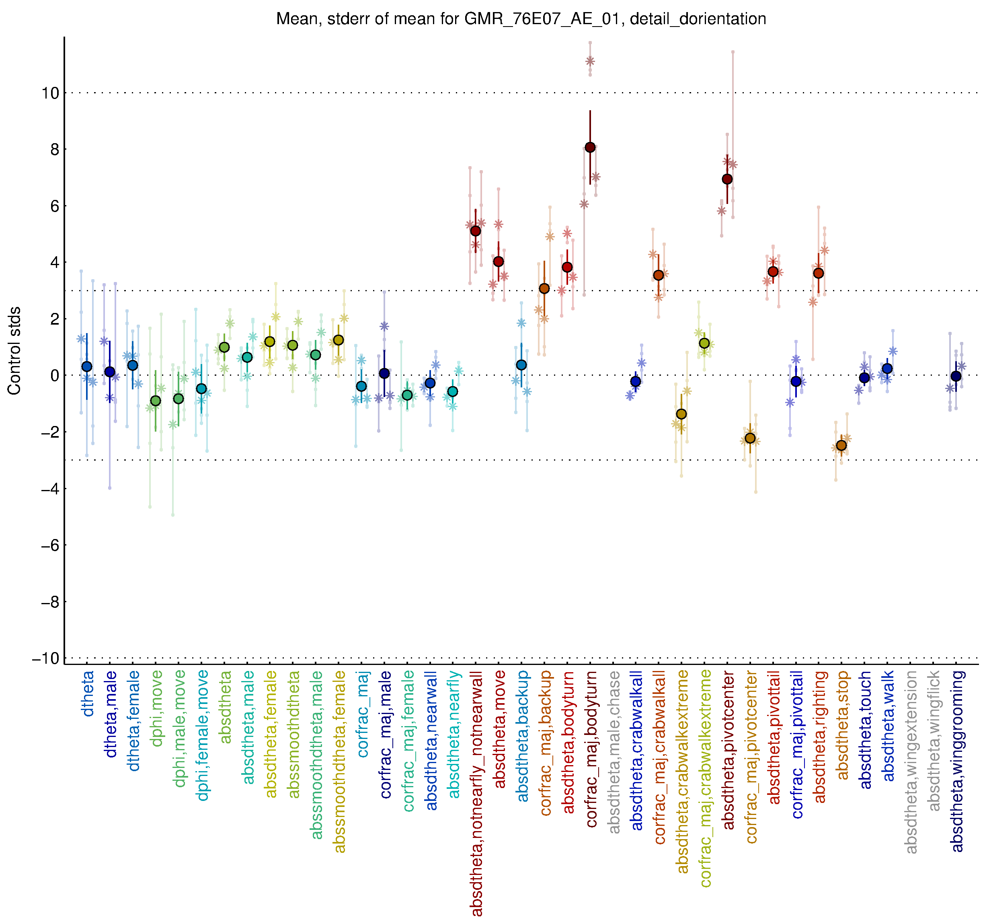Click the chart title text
521,19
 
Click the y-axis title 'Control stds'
14,350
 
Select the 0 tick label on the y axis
55,375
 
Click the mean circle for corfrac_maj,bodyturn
590,147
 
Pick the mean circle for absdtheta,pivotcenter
727,179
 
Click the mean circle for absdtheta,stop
841,446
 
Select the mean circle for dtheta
87,366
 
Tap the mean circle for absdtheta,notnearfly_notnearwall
476,230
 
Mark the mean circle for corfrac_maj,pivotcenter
750,438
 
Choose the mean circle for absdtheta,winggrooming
956,377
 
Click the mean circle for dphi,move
156,401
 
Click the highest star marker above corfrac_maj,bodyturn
590,61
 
